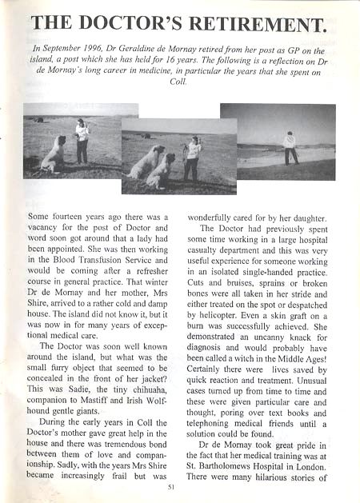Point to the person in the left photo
[x=82, y=140]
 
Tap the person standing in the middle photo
[x=193, y=158]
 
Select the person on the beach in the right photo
[x=290, y=148]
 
